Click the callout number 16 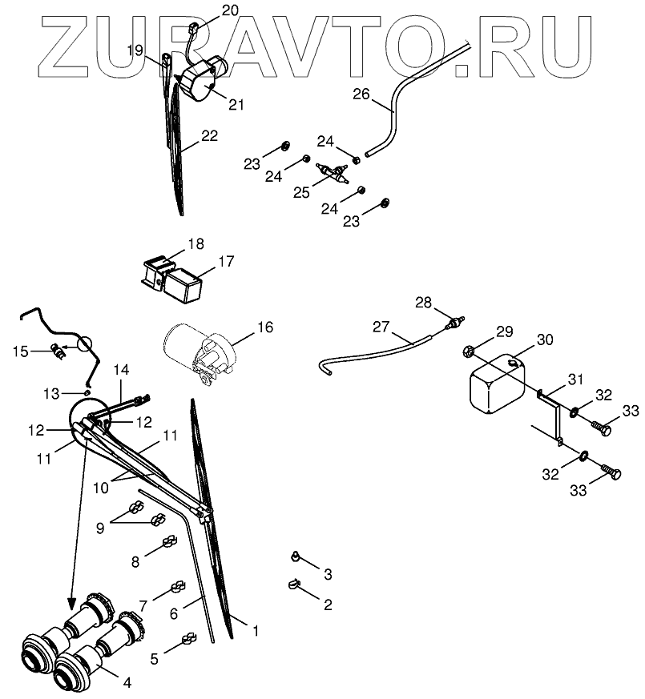[264, 327]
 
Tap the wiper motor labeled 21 [202, 81]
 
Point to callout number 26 [361, 94]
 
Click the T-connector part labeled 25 [334, 172]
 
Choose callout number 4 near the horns [127, 683]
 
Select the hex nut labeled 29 [468, 350]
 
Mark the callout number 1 [256, 631]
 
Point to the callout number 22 [209, 136]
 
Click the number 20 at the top [207, 10]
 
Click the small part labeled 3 [296, 555]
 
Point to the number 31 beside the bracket [576, 380]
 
